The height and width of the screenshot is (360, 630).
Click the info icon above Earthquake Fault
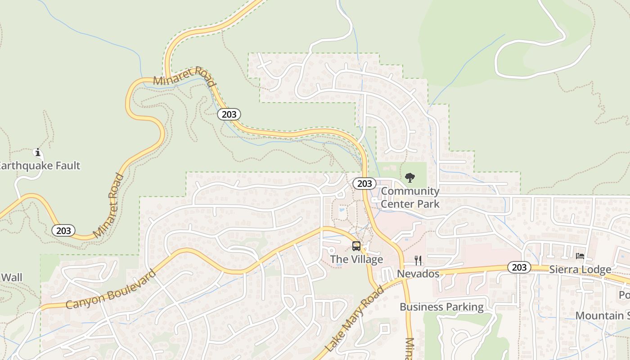[38, 153]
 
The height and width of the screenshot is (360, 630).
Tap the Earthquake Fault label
[40, 166]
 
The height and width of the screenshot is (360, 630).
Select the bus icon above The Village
[356, 246]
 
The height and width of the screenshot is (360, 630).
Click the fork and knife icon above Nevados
[418, 260]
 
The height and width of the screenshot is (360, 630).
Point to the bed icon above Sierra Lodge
[580, 256]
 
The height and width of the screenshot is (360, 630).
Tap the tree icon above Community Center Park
[409, 178]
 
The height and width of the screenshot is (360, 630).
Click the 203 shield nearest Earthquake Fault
[63, 230]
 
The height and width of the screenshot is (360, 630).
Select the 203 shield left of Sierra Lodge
[519, 267]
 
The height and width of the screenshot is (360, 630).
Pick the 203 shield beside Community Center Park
[364, 184]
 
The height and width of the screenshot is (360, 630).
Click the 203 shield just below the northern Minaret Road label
[229, 114]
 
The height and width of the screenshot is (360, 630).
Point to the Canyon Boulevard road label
[111, 290]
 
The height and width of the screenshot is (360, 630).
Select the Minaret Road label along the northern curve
[184, 76]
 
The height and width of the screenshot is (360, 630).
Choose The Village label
[356, 259]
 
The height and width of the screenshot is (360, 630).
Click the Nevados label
[418, 274]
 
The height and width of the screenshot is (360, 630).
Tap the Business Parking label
[441, 307]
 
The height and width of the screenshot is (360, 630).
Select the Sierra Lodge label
[580, 270]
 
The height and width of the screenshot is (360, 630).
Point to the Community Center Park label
[410, 198]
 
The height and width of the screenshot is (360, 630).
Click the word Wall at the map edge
[11, 277]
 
